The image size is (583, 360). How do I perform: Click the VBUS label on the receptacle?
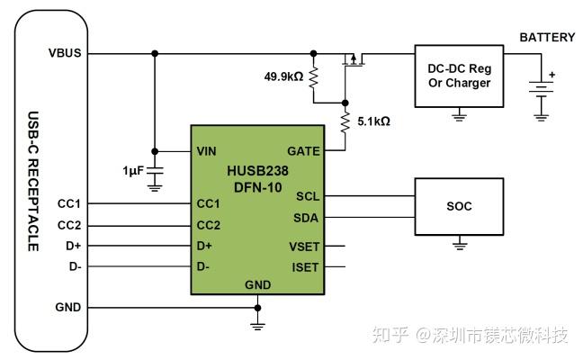click(65, 53)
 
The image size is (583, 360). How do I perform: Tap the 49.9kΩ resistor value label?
click(284, 76)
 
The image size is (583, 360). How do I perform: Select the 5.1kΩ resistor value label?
click(372, 120)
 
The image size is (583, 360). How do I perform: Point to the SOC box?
click(459, 206)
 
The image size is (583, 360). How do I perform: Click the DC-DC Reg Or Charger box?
click(459, 76)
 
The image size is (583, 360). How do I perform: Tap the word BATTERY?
click(547, 37)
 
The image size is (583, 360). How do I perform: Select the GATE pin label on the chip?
click(302, 151)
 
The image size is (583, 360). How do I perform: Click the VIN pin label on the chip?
click(207, 151)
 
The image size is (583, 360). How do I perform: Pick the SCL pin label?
click(307, 196)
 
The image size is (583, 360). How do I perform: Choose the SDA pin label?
click(306, 217)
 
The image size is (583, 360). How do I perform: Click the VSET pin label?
click(303, 246)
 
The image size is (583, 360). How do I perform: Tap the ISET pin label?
click(304, 267)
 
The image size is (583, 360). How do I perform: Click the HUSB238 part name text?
click(256, 169)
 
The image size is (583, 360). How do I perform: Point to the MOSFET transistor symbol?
click(354, 60)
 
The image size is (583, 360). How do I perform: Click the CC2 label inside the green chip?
click(209, 225)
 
